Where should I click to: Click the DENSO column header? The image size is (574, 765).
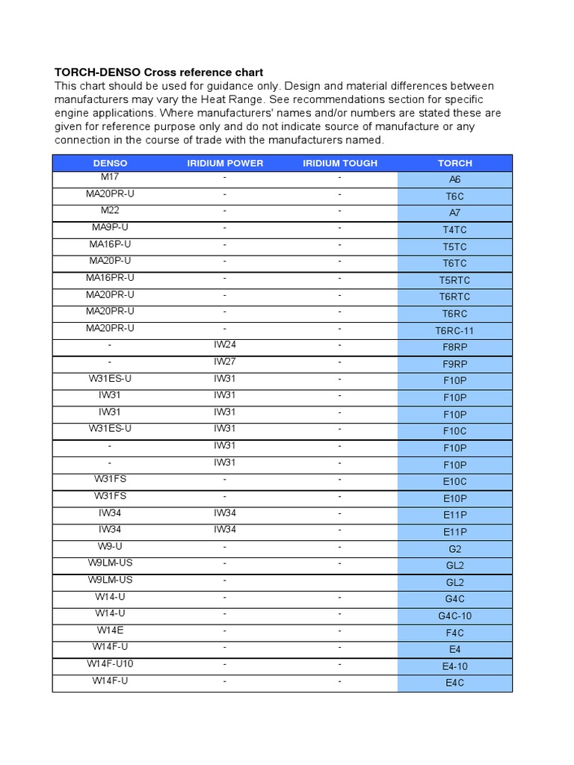[110, 163]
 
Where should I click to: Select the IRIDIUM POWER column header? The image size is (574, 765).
[225, 163]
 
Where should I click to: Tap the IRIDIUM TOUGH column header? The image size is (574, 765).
[340, 163]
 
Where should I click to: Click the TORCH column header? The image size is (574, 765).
[454, 163]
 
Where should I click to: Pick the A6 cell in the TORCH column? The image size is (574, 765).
[454, 179]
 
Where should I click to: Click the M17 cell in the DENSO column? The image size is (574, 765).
[110, 177]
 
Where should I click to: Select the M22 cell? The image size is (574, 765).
[110, 211]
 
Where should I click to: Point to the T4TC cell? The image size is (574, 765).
[454, 230]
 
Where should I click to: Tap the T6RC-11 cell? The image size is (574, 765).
[454, 331]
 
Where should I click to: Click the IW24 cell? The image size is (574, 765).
[225, 344]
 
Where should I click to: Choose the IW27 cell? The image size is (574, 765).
[225, 362]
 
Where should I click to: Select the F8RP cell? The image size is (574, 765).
[454, 347]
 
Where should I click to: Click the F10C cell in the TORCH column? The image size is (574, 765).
[454, 431]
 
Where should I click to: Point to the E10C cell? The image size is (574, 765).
[454, 482]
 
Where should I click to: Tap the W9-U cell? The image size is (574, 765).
[110, 546]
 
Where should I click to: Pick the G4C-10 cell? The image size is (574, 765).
[454, 616]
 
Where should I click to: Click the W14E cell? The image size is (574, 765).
[110, 630]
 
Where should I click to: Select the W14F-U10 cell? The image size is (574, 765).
[110, 663]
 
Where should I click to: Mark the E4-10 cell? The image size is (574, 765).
[454, 666]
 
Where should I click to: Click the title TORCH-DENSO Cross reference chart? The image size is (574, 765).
[158, 72]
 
